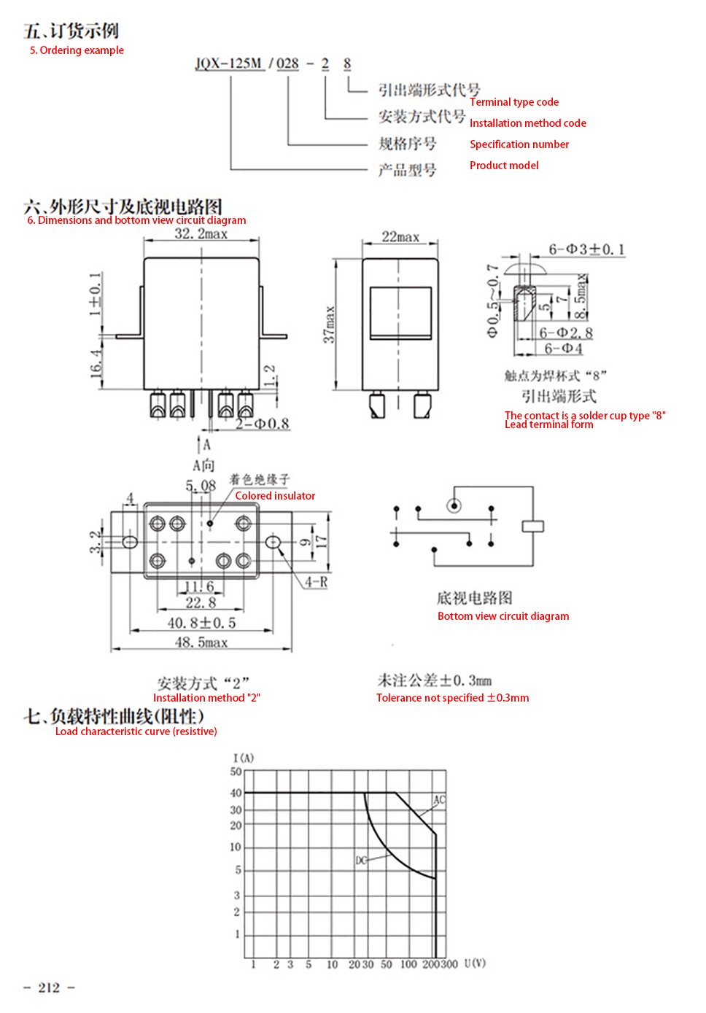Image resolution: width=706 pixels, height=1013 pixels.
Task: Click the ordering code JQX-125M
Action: click(x=229, y=63)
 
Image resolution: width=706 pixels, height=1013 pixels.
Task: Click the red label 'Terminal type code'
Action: click(x=513, y=102)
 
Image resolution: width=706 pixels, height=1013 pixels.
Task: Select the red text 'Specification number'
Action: click(x=519, y=144)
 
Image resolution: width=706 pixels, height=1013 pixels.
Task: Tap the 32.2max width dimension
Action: click(x=201, y=234)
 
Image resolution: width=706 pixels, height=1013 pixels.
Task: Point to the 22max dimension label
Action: click(x=400, y=236)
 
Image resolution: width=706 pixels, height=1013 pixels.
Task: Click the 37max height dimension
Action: click(x=330, y=324)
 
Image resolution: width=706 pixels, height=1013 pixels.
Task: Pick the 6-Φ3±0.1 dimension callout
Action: click(x=586, y=249)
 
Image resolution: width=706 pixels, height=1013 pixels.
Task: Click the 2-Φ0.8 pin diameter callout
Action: click(x=263, y=424)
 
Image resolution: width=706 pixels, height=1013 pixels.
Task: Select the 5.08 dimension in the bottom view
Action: click(x=201, y=486)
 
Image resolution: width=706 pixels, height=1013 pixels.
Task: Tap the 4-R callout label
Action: click(x=316, y=582)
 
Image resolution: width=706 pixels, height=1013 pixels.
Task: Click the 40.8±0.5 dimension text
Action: click(x=201, y=623)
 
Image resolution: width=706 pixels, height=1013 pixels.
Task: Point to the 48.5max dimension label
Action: click(x=201, y=643)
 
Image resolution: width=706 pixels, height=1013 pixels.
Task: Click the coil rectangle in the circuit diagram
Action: click(x=532, y=527)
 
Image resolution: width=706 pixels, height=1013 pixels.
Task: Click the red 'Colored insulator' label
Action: click(x=275, y=496)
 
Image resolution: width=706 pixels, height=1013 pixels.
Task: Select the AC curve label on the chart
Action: click(x=439, y=801)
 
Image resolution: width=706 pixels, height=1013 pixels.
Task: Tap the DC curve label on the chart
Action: click(x=361, y=860)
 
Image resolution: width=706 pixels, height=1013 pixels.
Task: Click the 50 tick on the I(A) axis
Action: click(x=236, y=772)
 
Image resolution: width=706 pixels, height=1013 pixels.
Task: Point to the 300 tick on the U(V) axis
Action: click(x=449, y=964)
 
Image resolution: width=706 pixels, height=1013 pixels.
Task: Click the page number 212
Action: click(x=49, y=987)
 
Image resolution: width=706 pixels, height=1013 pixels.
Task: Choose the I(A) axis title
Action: click(x=244, y=758)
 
